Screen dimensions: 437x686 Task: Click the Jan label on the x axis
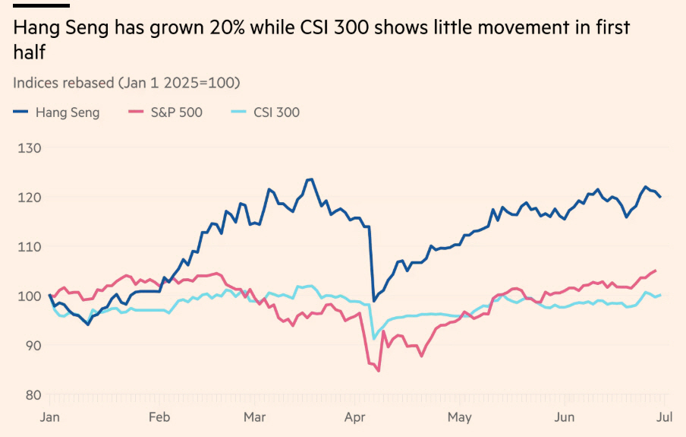click(49, 416)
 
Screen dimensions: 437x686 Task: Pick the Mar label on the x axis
click(254, 416)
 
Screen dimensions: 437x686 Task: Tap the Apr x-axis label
click(355, 416)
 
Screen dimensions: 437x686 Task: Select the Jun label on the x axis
click(564, 416)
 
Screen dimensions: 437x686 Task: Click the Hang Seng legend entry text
click(68, 112)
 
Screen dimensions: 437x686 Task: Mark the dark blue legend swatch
click(21, 112)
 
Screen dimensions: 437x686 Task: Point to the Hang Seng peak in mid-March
click(310, 179)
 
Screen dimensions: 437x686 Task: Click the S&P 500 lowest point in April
click(378, 371)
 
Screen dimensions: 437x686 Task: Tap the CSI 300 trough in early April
click(373, 338)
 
